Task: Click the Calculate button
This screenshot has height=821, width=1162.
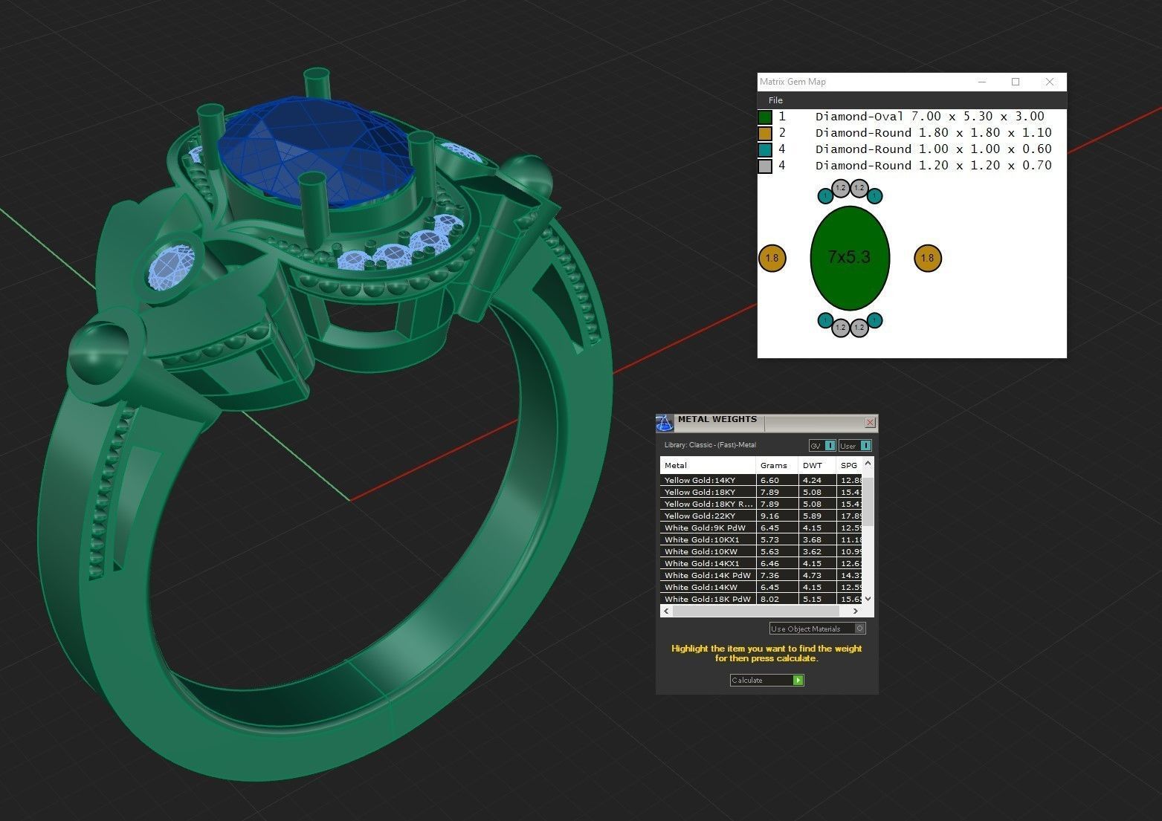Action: (x=766, y=680)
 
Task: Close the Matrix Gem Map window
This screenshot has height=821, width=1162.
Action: (x=1049, y=82)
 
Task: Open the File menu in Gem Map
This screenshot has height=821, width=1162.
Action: (x=775, y=100)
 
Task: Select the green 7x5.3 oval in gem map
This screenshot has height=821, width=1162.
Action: (x=849, y=258)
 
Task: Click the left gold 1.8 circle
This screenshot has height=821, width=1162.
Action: (x=772, y=258)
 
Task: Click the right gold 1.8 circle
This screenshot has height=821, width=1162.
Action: (x=927, y=258)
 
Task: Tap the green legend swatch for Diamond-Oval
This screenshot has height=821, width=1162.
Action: (x=765, y=117)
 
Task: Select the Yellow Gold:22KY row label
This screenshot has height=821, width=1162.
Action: (x=700, y=516)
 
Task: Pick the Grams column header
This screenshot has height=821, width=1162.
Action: (x=774, y=465)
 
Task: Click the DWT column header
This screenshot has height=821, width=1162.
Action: (x=813, y=465)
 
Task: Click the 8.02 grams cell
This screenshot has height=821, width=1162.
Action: (x=769, y=599)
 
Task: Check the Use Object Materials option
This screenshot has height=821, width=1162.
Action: (x=859, y=629)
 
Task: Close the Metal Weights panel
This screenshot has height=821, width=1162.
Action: (x=870, y=422)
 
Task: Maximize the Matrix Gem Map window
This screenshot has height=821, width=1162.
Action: (x=1016, y=82)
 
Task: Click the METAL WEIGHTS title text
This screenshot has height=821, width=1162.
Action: (x=717, y=420)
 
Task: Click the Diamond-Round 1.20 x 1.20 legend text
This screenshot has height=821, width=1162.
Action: (x=933, y=166)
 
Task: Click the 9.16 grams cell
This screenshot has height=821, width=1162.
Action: (x=769, y=516)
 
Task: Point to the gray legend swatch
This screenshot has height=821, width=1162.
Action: (x=765, y=166)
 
